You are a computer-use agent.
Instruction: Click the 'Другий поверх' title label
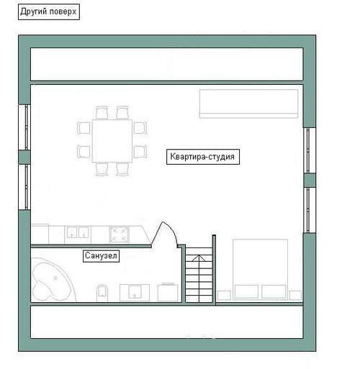(x=49, y=12)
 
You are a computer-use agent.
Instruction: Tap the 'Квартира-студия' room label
(x=203, y=157)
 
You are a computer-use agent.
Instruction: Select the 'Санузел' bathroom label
(x=101, y=256)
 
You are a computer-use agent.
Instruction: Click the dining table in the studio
(x=112, y=141)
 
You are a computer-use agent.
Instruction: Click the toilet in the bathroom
(x=102, y=292)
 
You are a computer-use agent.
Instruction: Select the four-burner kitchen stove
(x=119, y=234)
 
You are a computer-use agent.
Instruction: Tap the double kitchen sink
(x=78, y=232)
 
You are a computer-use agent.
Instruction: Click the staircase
(x=199, y=275)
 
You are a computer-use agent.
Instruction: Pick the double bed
(x=261, y=269)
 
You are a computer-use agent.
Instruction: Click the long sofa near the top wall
(x=248, y=104)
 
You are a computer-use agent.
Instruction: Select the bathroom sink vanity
(x=135, y=293)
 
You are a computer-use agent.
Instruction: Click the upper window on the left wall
(x=24, y=127)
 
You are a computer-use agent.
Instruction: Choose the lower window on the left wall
(x=24, y=187)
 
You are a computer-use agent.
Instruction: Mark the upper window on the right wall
(x=310, y=150)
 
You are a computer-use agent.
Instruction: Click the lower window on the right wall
(x=310, y=210)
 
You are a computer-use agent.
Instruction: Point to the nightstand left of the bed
(x=224, y=295)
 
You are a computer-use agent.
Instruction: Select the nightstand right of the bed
(x=295, y=295)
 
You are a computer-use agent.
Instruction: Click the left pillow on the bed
(x=246, y=291)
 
